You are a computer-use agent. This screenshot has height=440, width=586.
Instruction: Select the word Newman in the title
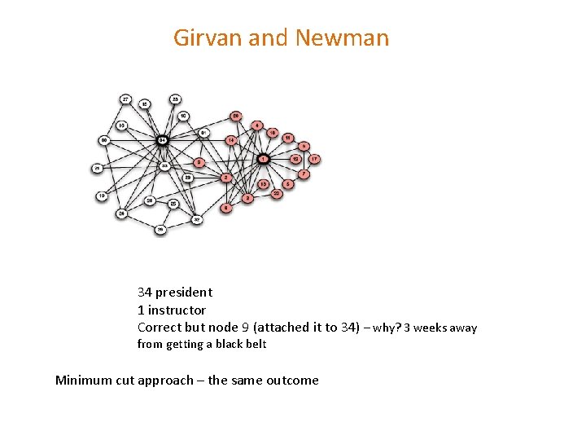point(343,38)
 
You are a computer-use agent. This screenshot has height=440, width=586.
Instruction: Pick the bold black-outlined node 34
point(163,139)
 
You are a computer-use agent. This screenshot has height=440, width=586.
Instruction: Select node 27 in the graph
point(125,99)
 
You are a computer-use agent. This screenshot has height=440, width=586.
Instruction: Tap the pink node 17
point(313,159)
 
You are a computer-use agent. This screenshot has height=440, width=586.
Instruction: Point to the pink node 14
point(230,140)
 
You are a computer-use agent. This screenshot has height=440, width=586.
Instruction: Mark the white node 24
point(121,213)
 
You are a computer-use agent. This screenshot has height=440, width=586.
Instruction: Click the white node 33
point(164,165)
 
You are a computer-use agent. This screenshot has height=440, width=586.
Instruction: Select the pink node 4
point(257,125)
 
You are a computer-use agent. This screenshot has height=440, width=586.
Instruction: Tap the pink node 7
point(304,174)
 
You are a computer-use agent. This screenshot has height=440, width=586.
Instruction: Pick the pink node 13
point(263,184)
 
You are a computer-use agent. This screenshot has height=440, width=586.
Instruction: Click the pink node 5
point(288,184)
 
